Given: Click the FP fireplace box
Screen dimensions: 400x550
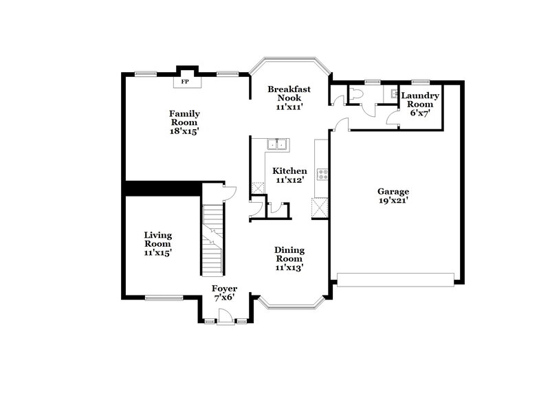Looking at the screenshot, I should [x=185, y=82].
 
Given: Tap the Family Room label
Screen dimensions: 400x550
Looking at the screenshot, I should [x=185, y=118].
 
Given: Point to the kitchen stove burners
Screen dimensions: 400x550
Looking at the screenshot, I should [x=321, y=173].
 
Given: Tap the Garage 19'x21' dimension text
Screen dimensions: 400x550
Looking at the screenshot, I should [x=393, y=201].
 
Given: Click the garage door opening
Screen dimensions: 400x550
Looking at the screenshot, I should [x=395, y=279].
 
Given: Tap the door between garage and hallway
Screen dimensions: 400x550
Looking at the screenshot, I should [x=341, y=124].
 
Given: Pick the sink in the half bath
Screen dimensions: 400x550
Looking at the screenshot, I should [x=394, y=93].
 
